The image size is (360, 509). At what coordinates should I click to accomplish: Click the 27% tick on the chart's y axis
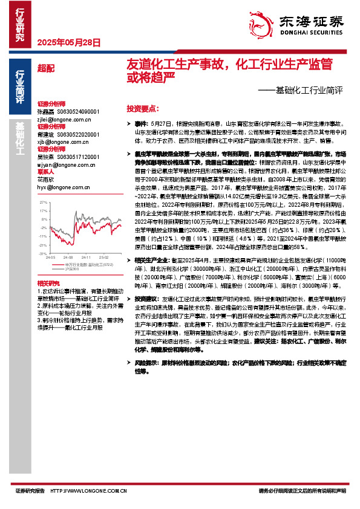coord(43,203)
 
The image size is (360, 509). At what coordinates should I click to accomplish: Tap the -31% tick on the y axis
coord(43,236)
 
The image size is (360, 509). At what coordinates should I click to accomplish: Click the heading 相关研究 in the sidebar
coord(48,266)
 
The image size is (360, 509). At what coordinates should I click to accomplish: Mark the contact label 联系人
coord(45,171)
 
